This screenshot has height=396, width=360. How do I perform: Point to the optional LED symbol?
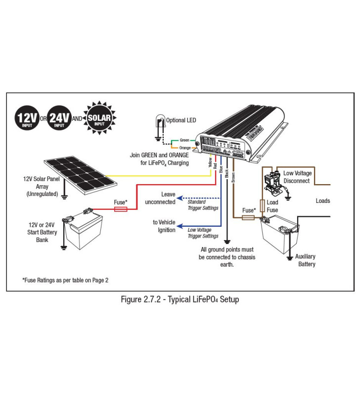[159, 123]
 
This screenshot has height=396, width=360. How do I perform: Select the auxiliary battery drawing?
[279, 235]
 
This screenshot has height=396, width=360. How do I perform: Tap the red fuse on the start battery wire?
[120, 209]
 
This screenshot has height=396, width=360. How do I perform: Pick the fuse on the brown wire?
[248, 217]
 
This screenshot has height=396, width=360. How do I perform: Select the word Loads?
[322, 201]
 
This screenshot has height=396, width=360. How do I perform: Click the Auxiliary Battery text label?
[305, 260]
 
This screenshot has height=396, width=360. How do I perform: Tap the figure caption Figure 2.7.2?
[180, 300]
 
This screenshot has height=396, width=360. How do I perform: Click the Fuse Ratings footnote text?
[65, 280]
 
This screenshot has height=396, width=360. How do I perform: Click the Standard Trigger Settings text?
[203, 204]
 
